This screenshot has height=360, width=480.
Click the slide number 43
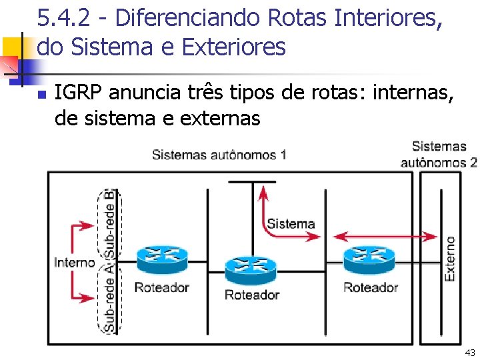tap(470, 352)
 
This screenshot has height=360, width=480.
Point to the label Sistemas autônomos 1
tap(219, 155)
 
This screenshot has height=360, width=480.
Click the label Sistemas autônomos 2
tap(439, 154)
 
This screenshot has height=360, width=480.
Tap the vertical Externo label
tap(451, 258)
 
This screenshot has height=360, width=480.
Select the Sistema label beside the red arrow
tap(291, 224)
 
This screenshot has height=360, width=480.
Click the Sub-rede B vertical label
tap(109, 223)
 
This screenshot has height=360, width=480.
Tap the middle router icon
tap(251, 267)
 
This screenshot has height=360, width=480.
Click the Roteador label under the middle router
tap(251, 295)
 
